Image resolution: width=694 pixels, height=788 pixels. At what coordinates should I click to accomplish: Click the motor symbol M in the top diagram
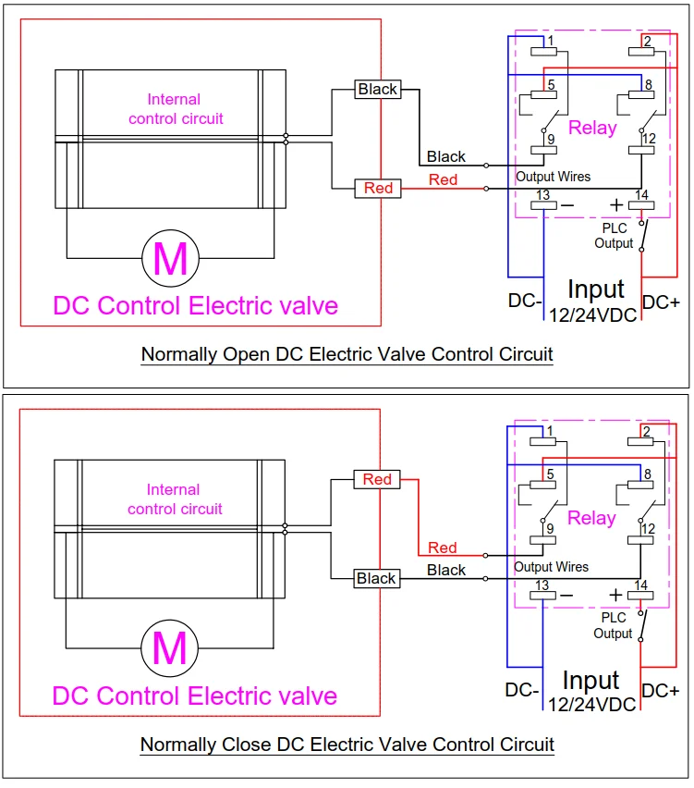click(x=171, y=258)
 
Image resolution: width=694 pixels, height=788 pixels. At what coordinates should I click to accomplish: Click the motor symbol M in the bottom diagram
click(x=170, y=648)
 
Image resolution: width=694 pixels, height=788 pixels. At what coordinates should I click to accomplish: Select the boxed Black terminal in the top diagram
click(x=378, y=90)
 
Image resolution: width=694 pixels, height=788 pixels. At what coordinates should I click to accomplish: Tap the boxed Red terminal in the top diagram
click(x=378, y=189)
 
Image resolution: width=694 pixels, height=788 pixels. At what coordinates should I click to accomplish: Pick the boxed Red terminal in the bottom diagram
click(x=377, y=479)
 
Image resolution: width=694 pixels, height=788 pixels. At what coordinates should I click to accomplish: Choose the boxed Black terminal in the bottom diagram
click(x=377, y=578)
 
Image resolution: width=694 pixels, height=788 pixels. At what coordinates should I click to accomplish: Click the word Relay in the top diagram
click(x=592, y=128)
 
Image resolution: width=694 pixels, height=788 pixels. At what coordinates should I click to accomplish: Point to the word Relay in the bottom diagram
click(x=591, y=518)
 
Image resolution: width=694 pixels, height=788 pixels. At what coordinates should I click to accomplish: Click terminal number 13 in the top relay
click(x=542, y=195)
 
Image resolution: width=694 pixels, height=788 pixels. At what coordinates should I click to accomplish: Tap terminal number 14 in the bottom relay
click(x=640, y=585)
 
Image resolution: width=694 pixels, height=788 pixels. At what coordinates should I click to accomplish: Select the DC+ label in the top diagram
click(x=661, y=302)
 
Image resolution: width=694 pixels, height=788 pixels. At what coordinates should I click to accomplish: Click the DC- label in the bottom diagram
click(x=522, y=690)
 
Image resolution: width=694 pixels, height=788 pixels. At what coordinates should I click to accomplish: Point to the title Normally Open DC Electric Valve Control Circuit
click(x=347, y=354)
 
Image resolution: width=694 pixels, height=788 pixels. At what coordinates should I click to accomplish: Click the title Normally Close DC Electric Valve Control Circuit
click(x=347, y=745)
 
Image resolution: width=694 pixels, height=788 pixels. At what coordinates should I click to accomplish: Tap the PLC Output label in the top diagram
click(x=614, y=236)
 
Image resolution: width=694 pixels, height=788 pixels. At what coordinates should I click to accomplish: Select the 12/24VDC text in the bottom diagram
click(x=592, y=705)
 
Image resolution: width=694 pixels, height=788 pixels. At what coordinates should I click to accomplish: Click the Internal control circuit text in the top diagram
click(x=176, y=109)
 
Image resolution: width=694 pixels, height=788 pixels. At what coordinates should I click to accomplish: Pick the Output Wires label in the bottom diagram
click(x=551, y=567)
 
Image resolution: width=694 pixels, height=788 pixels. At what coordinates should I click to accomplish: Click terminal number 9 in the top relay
click(x=551, y=139)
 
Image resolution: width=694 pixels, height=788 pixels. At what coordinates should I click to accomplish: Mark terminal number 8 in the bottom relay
click(x=647, y=474)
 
